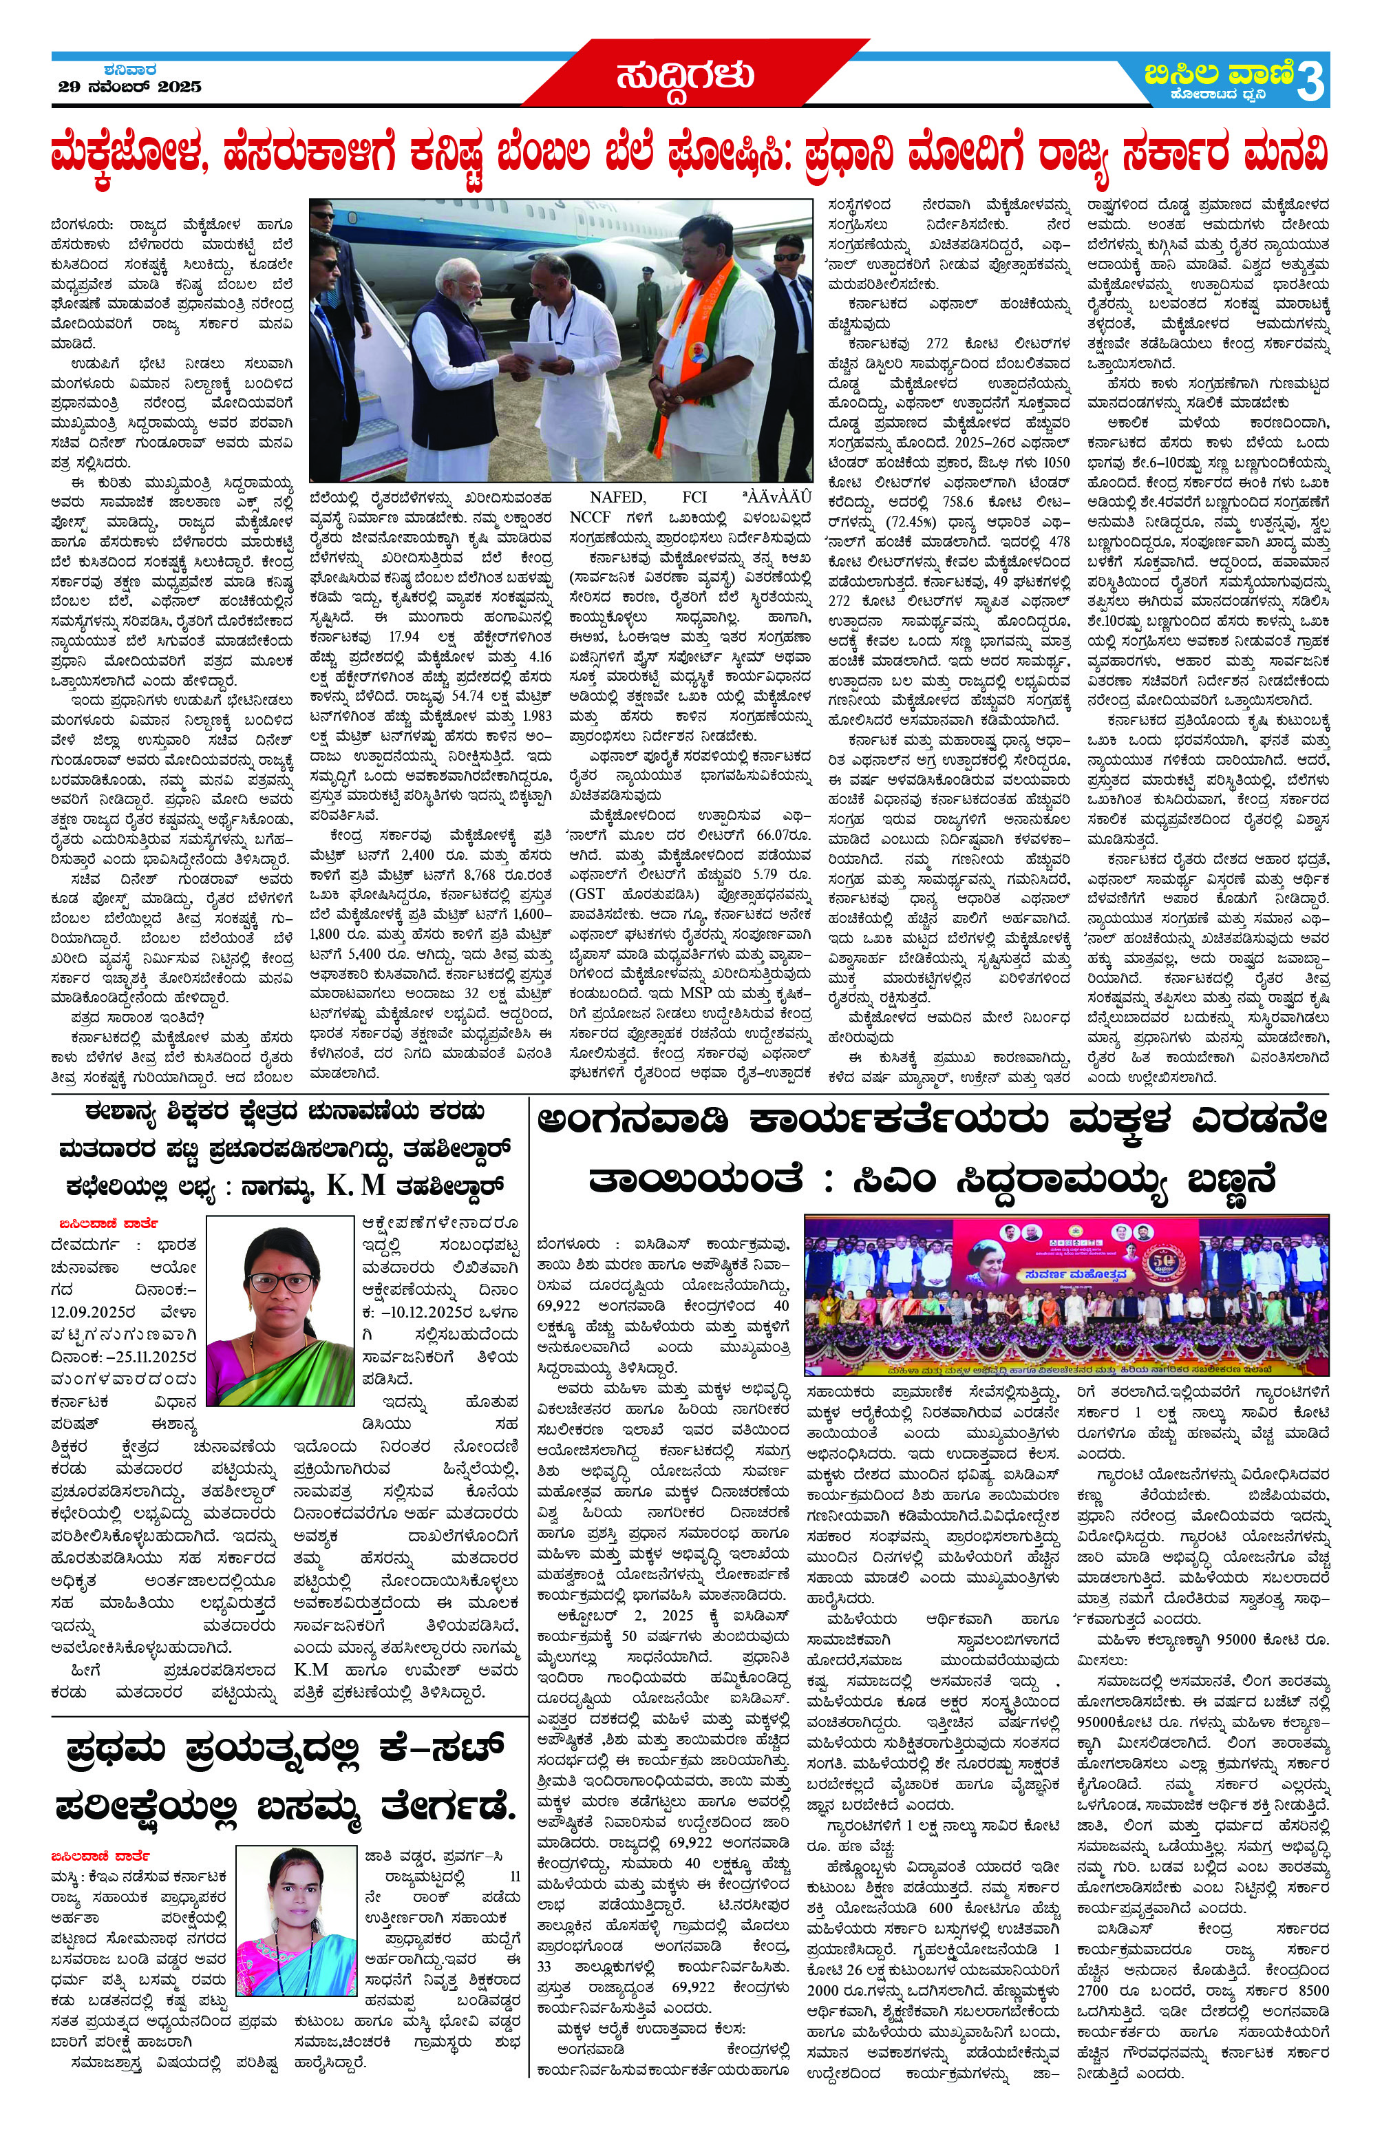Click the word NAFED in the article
click(616, 498)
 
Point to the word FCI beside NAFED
click(694, 498)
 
